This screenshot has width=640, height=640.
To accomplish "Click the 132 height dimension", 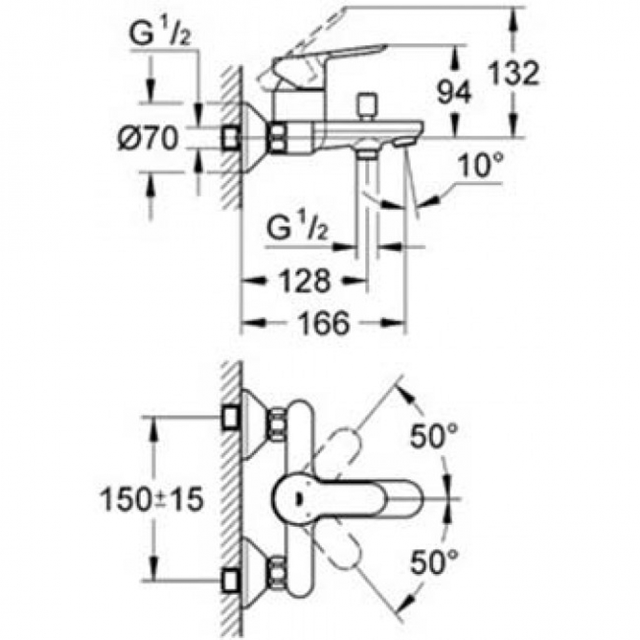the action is [513, 74].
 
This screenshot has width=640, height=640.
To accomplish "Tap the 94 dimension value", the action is [454, 92].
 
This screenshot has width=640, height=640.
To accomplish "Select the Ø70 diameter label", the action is [148, 139].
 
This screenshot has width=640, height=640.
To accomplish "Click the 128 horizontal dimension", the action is [305, 280].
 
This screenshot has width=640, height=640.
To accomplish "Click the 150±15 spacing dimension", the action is [152, 500].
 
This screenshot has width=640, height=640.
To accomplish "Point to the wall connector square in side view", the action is [232, 139].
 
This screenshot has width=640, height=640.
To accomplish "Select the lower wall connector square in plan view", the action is [232, 581].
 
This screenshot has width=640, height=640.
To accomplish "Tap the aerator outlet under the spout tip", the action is [404, 143].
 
